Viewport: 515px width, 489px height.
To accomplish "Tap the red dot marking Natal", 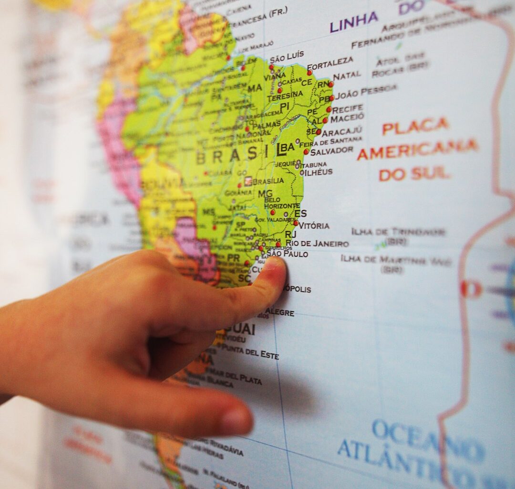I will (x=330, y=84).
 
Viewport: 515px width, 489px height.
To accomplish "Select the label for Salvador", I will (x=331, y=151).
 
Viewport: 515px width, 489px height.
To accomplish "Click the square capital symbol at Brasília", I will (x=248, y=181).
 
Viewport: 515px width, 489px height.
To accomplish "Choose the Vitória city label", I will (x=314, y=225).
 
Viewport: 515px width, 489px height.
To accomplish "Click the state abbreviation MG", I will (x=265, y=193).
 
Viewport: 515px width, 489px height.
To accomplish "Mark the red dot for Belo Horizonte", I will (x=273, y=212).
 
